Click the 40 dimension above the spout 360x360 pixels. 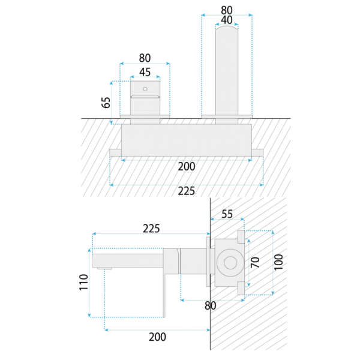click(x=227, y=20)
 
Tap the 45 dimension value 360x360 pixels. click(x=145, y=73)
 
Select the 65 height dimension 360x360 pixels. click(x=106, y=103)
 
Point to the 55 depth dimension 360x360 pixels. click(x=227, y=214)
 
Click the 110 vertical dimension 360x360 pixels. click(x=84, y=282)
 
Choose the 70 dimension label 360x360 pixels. click(x=255, y=262)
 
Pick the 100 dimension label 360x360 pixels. click(x=279, y=262)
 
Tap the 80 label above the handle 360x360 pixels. click(x=145, y=58)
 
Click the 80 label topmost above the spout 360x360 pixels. click(x=227, y=10)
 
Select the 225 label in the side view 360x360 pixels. click(x=151, y=229)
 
